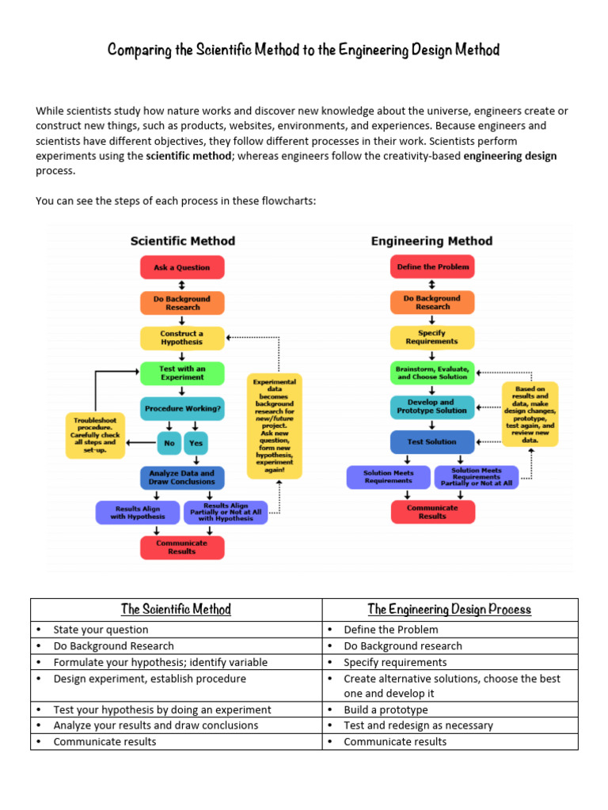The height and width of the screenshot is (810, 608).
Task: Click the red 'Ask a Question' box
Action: [182, 267]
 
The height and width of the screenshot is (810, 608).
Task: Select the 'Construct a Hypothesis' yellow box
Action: [182, 338]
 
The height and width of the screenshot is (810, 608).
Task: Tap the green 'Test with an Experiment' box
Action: [182, 373]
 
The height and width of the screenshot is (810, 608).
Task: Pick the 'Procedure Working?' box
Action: [182, 409]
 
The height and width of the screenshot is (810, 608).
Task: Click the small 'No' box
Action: [169, 443]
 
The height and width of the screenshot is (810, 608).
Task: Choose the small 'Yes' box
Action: [196, 443]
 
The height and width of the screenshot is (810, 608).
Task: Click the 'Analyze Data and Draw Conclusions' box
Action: [182, 477]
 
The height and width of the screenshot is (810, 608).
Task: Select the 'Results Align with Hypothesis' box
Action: [138, 512]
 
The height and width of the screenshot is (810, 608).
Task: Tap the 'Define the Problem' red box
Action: [432, 267]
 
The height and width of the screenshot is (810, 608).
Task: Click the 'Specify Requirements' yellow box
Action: [432, 337]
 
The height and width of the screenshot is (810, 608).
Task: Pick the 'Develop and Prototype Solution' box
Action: [432, 407]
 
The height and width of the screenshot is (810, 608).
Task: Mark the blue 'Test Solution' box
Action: [432, 441]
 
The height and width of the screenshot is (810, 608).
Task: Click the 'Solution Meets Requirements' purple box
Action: [389, 477]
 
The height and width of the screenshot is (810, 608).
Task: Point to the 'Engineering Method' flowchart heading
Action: [431, 241]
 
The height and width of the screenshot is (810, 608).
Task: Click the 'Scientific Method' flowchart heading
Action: [183, 241]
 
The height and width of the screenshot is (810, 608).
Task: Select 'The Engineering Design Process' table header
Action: [450, 609]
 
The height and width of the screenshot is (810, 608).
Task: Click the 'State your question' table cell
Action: [101, 630]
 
